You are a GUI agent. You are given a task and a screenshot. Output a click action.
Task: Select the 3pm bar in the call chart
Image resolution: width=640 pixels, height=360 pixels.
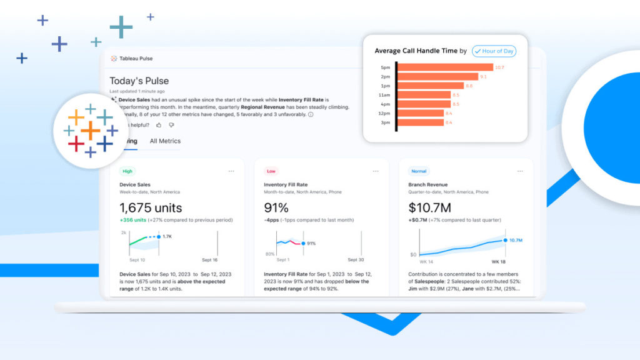[421, 122]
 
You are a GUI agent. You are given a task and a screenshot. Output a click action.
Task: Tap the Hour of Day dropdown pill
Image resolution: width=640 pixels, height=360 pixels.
[494, 51]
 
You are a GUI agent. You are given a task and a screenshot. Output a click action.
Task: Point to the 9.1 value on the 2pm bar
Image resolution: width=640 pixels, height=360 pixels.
[483, 77]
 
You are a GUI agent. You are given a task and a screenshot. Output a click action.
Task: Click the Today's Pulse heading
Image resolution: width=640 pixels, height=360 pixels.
[139, 81]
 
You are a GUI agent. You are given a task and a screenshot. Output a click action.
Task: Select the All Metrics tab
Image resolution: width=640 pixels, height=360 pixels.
[165, 141]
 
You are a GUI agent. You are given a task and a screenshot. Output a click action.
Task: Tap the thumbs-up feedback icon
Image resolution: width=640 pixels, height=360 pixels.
[159, 125]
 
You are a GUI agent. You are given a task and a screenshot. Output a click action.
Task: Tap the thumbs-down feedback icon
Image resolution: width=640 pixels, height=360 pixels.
[171, 125]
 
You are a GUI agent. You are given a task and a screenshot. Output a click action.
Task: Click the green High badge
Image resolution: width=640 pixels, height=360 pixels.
[127, 171]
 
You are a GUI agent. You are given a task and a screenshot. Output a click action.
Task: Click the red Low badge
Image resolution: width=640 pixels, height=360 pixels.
[271, 171]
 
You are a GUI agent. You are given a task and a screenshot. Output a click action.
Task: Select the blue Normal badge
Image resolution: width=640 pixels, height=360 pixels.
[419, 171]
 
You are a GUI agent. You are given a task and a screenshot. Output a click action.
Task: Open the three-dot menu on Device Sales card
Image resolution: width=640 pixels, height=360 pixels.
[231, 171]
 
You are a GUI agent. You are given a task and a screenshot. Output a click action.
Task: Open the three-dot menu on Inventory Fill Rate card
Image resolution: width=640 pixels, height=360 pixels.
[376, 171]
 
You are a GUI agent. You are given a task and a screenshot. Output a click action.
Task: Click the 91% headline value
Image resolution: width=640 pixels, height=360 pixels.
[276, 207]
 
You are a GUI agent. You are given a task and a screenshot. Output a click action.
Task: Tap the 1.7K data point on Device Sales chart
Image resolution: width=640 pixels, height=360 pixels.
[159, 237]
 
